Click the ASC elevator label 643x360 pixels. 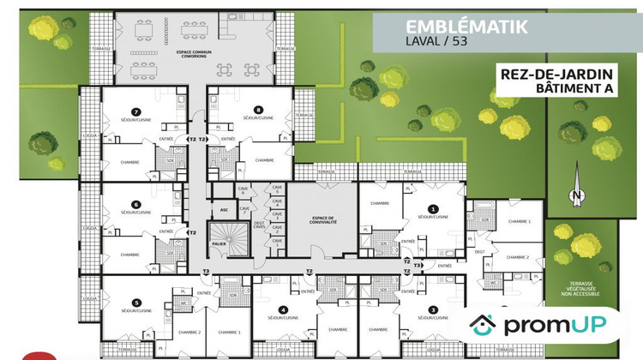[224, 208]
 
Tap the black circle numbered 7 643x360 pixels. [135, 110]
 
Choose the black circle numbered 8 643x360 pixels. [257, 110]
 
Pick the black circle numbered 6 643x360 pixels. [135, 204]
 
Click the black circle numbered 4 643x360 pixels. [284, 309]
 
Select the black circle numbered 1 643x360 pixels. [433, 208]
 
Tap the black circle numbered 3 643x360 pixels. [433, 309]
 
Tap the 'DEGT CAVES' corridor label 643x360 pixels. [259, 225]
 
